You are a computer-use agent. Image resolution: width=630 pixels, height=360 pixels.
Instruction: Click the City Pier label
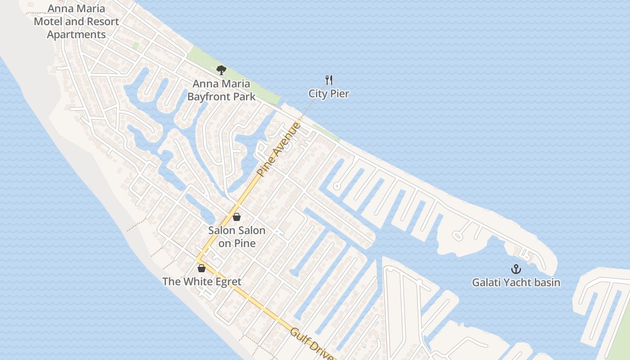328,94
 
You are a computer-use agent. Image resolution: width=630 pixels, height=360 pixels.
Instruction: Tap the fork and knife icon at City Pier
329,81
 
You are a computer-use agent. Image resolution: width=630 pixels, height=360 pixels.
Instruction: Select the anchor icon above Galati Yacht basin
516,270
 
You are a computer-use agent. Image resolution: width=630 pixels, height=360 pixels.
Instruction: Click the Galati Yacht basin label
516,283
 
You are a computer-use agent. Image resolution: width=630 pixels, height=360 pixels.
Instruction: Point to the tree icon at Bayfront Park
221,70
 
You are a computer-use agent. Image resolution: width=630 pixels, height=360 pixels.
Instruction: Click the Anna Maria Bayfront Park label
221,90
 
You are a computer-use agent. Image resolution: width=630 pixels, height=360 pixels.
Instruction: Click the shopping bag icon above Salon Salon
237,217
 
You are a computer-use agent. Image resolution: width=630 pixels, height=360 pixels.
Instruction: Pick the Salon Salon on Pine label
237,237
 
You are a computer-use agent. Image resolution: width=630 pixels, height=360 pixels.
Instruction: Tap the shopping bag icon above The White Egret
202,268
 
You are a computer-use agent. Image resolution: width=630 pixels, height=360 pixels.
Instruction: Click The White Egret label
202,282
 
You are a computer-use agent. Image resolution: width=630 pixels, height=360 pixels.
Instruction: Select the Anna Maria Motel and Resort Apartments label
76,21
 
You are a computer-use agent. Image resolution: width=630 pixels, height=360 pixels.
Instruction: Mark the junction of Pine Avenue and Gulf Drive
198,260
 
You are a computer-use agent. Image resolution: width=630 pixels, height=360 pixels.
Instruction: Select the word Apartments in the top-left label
76,34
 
